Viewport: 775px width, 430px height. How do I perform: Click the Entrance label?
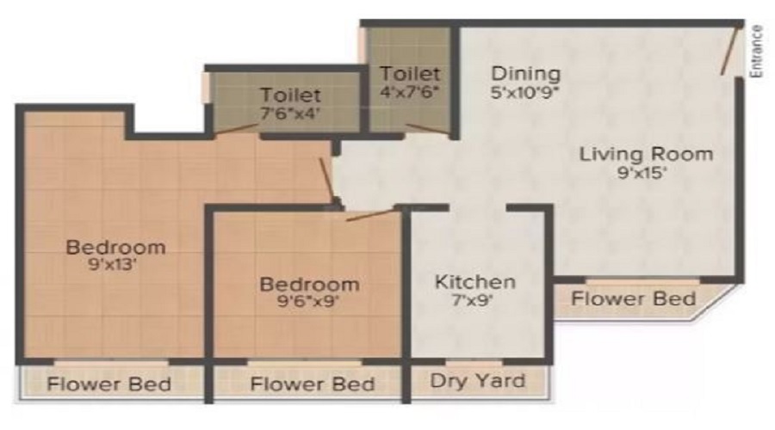[756, 52]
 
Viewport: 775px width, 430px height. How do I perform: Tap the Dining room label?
[526, 74]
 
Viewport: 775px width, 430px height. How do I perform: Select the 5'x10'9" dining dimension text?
[525, 92]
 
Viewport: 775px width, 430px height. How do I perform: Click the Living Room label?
[646, 154]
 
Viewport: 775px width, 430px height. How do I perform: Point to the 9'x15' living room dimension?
[642, 173]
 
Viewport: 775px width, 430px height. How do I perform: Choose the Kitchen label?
[475, 282]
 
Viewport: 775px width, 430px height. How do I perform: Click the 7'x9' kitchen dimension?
[473, 300]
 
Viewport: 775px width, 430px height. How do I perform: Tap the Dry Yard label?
[477, 381]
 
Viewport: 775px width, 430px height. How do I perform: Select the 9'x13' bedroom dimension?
[112, 265]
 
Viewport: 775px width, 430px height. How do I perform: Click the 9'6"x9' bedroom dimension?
[308, 301]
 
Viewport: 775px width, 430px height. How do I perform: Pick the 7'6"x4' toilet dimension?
[290, 114]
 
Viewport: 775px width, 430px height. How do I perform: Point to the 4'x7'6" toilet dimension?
[410, 92]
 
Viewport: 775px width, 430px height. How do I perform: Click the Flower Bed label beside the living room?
[634, 298]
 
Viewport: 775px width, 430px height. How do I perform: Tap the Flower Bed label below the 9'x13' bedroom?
[108, 384]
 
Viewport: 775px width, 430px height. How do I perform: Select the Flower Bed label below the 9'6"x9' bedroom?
[313, 384]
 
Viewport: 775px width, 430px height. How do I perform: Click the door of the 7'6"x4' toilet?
[235, 128]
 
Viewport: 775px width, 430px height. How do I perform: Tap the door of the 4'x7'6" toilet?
[429, 129]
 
